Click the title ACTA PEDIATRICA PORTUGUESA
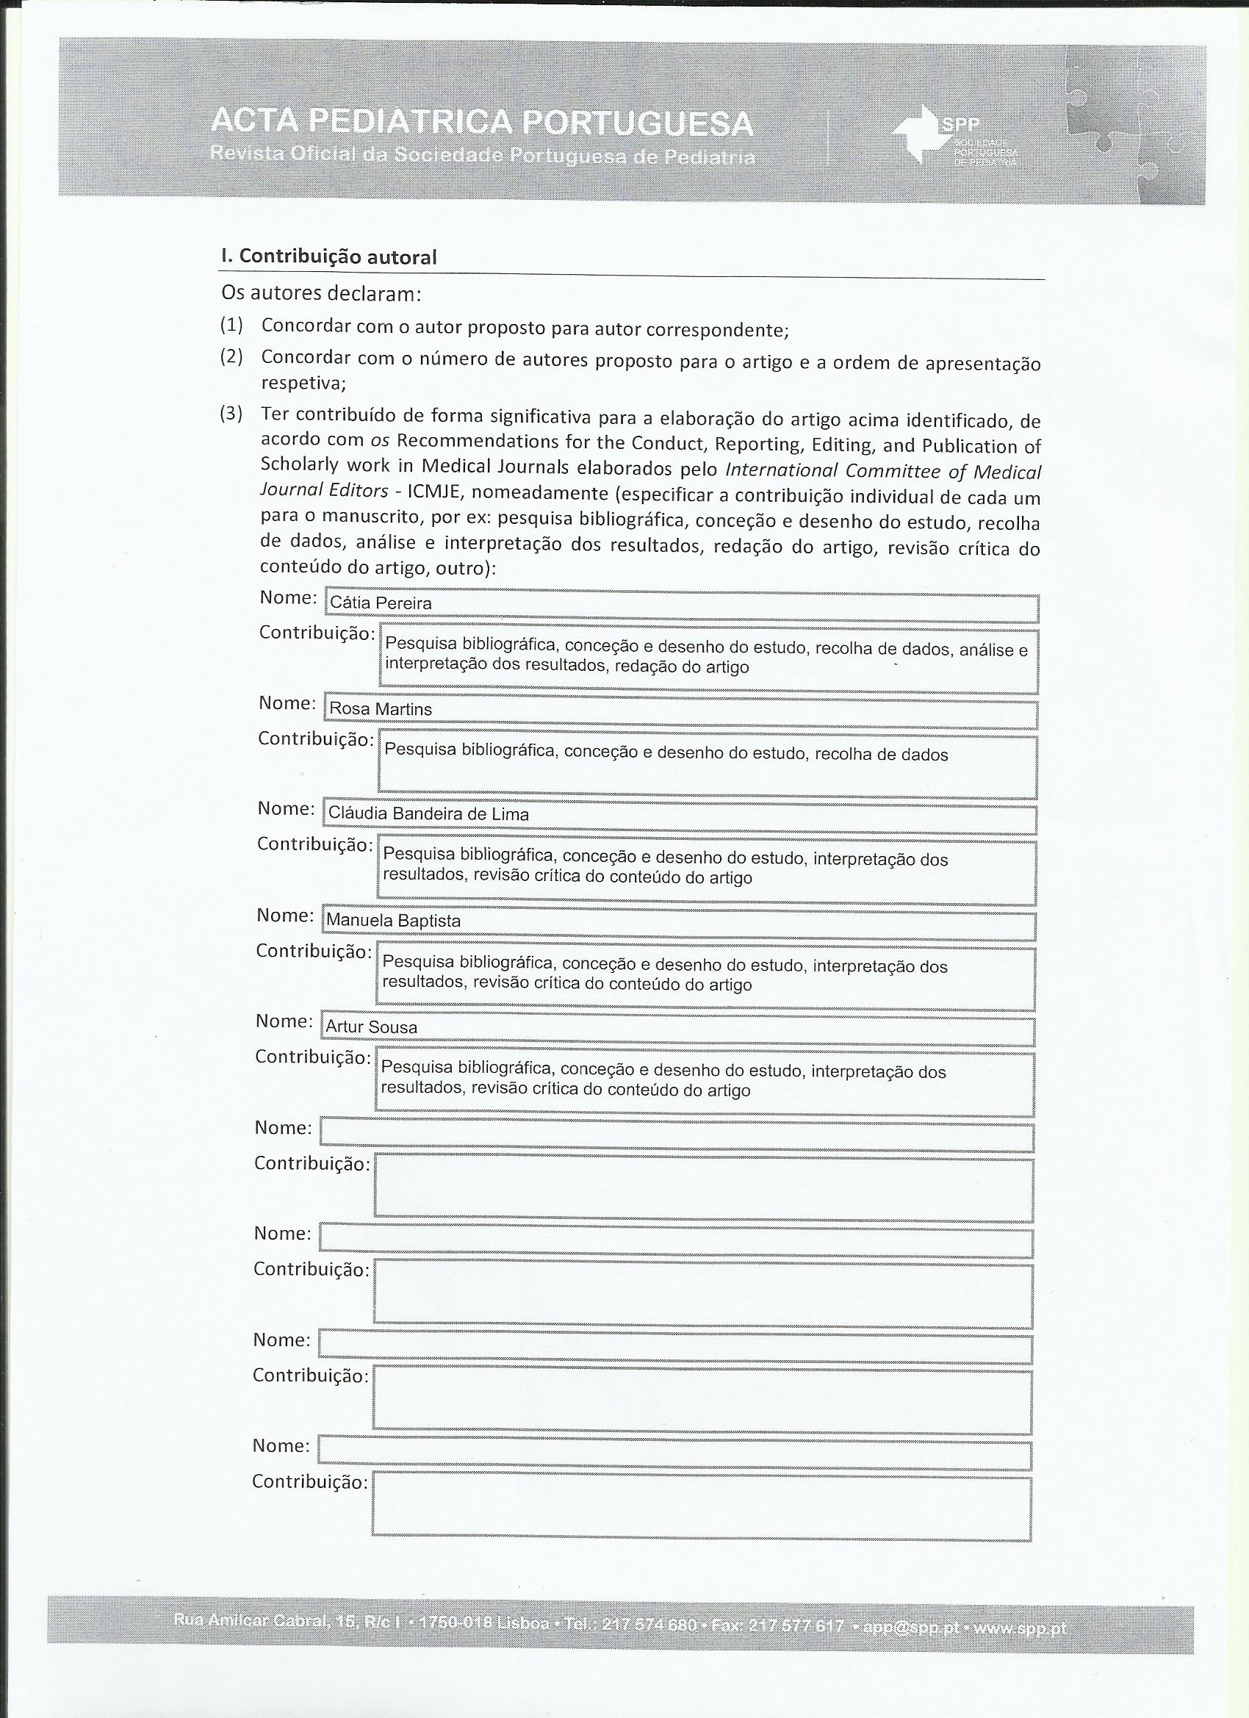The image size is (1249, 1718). tap(482, 123)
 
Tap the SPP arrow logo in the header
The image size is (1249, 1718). tap(918, 134)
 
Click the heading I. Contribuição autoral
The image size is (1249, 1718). tap(328, 256)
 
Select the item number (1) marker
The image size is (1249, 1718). tap(231, 326)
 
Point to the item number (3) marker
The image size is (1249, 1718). tap(231, 414)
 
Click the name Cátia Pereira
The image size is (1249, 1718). tap(381, 604)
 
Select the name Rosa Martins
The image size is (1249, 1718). tap(381, 710)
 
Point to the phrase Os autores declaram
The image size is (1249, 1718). tap(321, 292)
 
